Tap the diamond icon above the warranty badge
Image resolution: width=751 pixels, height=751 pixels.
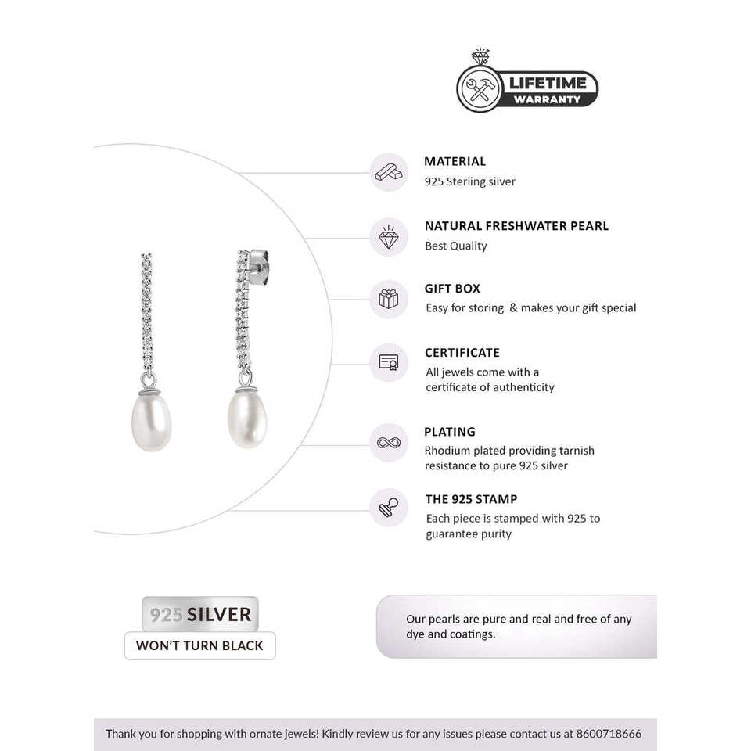pos(480,58)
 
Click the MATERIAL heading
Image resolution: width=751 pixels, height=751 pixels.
pos(455,161)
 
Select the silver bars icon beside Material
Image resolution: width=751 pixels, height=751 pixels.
pos(389,172)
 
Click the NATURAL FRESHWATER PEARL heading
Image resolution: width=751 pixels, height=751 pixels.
pos(516,225)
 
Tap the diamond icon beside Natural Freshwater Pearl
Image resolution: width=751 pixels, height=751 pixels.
pos(389,236)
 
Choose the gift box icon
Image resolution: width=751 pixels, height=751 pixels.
pos(389,299)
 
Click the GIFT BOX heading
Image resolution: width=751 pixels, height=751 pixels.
pos(452,289)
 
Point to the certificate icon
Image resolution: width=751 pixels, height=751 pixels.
pos(389,362)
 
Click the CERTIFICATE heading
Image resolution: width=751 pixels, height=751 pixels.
pos(462,352)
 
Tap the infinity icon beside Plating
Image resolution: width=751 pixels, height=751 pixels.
pos(389,442)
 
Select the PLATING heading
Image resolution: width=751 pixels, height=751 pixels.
pos(450,431)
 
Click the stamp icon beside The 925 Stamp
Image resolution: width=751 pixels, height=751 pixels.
pos(389,507)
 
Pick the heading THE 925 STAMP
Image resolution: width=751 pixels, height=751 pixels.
pos(471,499)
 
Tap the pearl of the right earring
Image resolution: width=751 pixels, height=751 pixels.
pos(247,419)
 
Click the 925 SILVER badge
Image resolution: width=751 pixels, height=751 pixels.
pos(199,614)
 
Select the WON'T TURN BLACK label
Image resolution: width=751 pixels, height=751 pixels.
pos(199,646)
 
